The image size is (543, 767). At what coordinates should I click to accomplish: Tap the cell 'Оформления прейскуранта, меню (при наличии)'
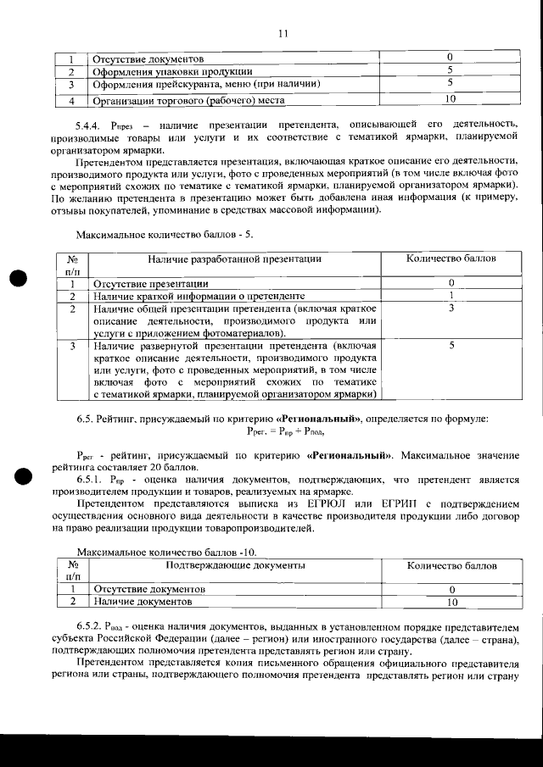tap(205, 85)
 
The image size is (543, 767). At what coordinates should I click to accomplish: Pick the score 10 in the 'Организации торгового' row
tap(451, 99)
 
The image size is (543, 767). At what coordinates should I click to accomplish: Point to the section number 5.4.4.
tap(91, 125)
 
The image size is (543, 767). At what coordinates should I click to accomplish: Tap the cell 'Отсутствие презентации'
tap(151, 283)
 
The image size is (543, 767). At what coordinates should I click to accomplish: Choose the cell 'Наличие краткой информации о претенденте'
tap(199, 296)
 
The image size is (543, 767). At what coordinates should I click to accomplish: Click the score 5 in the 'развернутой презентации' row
tap(451, 346)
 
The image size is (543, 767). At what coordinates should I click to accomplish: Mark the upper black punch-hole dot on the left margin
tap(19, 279)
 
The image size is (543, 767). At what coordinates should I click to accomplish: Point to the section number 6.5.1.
tap(92, 480)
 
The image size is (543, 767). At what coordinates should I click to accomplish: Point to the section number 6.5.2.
tap(92, 625)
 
